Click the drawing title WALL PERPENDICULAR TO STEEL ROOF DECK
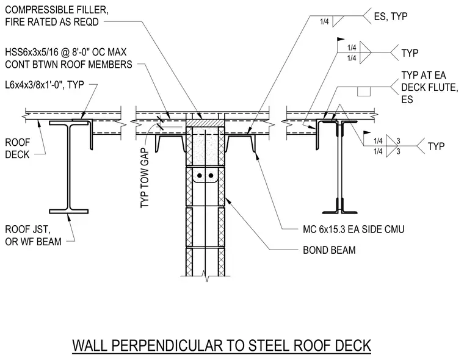pyautogui.click(x=222, y=345)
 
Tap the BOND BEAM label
pyautogui.click(x=329, y=250)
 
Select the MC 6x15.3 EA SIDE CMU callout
pyautogui.click(x=353, y=229)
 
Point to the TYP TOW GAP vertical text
pyautogui.click(x=145, y=179)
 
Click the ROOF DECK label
pyautogui.click(x=18, y=148)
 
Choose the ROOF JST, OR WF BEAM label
pyautogui.click(x=33, y=236)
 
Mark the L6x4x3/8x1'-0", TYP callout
pyautogui.click(x=45, y=85)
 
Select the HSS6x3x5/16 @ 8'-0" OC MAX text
pyautogui.click(x=66, y=52)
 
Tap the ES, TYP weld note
pyautogui.click(x=391, y=16)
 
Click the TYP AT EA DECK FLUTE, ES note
pyautogui.click(x=430, y=87)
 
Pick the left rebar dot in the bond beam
pyautogui.click(x=200, y=176)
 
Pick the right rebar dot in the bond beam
pyautogui.click(x=211, y=176)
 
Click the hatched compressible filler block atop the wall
pyautogui.click(x=205, y=123)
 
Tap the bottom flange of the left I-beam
pyautogui.click(x=68, y=212)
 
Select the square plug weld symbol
pyautogui.click(x=364, y=92)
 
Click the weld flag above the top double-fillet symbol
pyautogui.click(x=341, y=39)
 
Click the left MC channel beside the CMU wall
pyautogui.click(x=170, y=143)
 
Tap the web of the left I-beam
pyautogui.click(x=68, y=167)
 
